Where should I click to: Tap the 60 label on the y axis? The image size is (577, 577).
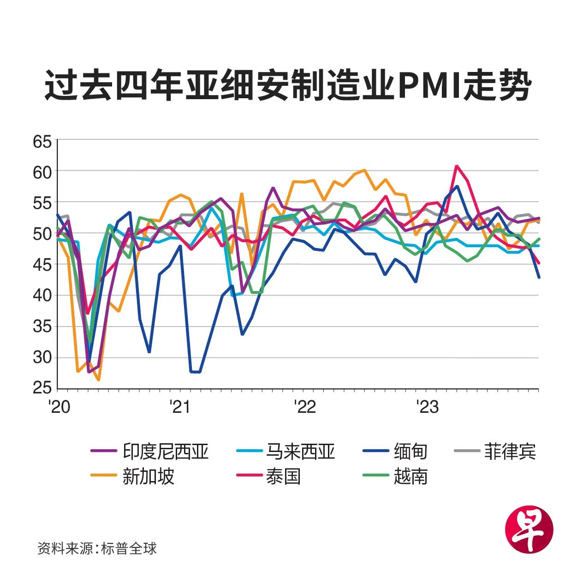click(x=42, y=172)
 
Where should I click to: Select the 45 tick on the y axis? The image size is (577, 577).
click(x=42, y=265)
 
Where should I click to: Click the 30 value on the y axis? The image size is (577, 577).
click(x=42, y=357)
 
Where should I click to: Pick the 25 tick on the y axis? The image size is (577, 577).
click(x=42, y=388)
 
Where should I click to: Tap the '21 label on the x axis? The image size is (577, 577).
click(x=180, y=407)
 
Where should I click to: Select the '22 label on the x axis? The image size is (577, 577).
click(x=304, y=407)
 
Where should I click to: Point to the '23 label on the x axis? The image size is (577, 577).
click(x=427, y=407)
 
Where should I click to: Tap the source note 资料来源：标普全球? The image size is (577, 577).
click(x=97, y=548)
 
